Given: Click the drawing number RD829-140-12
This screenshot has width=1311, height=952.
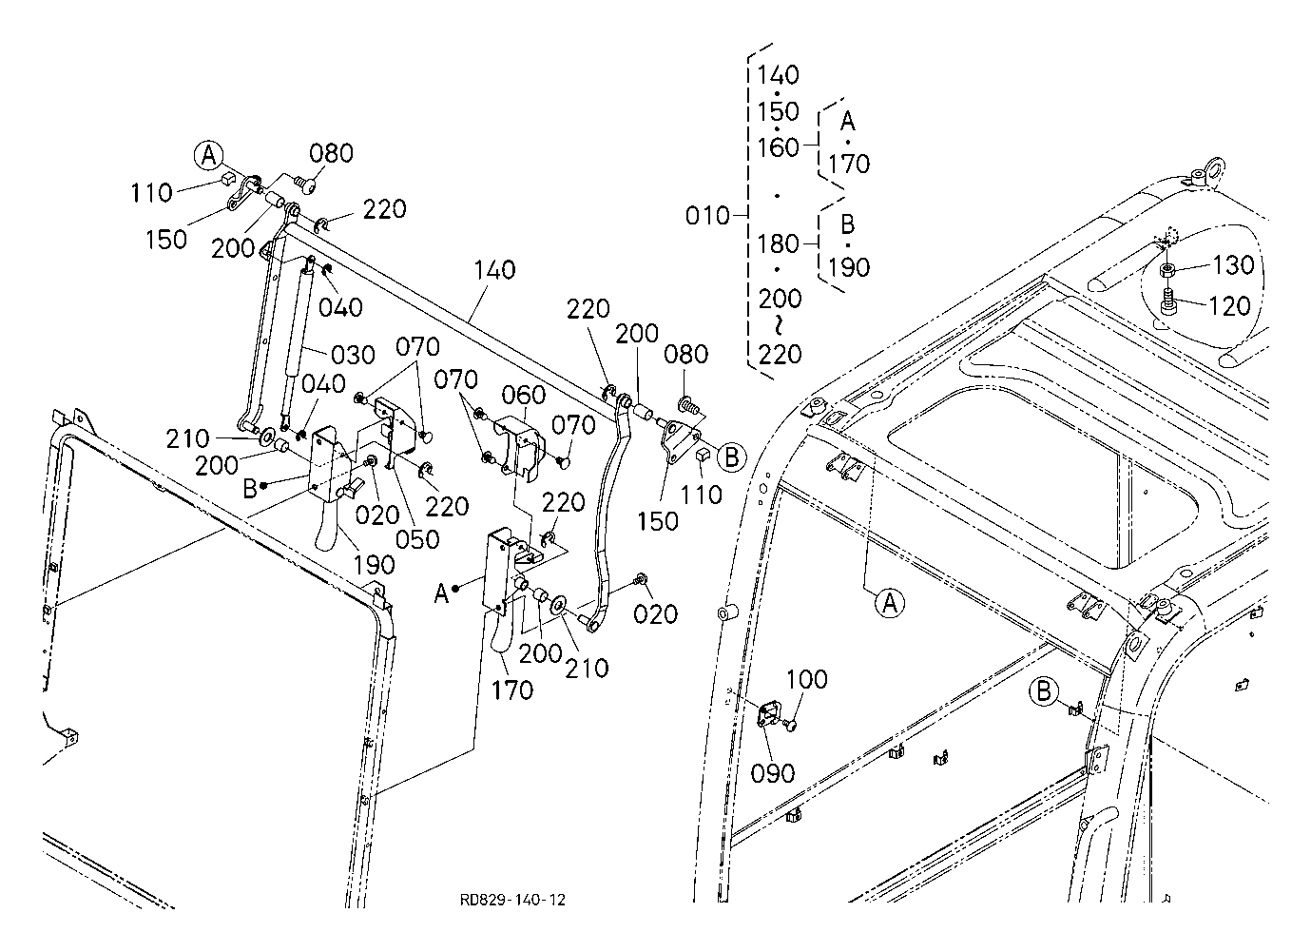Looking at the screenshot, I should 512,900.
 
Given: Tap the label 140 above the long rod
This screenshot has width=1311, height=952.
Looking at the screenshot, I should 493,270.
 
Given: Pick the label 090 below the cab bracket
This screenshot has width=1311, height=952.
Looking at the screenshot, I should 773,773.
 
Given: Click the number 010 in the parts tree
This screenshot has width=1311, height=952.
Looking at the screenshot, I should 707,216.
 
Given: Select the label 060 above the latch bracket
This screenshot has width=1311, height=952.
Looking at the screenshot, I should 524,395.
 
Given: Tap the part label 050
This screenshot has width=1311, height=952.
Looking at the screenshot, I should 418,538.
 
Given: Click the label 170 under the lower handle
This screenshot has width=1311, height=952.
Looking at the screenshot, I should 512,690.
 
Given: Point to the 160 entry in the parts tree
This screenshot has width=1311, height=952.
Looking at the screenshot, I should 779,147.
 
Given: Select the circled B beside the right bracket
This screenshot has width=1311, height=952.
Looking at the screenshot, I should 730,457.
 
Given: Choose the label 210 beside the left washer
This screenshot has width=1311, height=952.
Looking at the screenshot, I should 187,438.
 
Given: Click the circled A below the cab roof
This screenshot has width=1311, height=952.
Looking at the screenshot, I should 889,602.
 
